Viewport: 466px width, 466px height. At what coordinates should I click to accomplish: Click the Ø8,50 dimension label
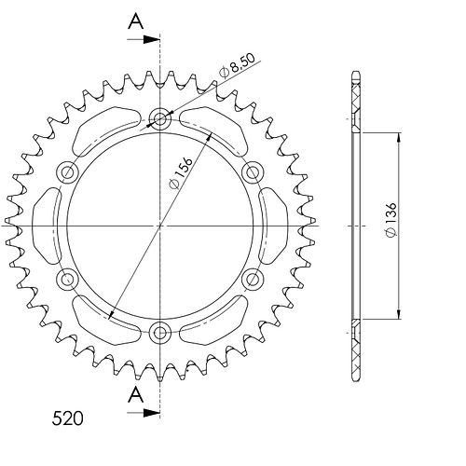click(237, 65)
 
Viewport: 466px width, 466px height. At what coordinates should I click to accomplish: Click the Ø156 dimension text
click(181, 173)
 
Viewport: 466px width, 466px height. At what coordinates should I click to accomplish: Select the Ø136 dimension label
click(391, 220)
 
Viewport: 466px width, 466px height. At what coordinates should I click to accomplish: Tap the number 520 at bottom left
click(67, 418)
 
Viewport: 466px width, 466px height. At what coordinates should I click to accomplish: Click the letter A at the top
click(136, 22)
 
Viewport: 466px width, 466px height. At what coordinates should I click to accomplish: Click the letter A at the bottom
click(136, 395)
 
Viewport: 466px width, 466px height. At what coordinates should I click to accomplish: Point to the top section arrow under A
click(144, 39)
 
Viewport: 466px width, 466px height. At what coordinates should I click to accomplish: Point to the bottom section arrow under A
click(144, 413)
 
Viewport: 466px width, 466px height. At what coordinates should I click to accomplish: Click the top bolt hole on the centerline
click(160, 118)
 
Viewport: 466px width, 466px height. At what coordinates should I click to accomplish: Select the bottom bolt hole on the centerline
click(160, 334)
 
